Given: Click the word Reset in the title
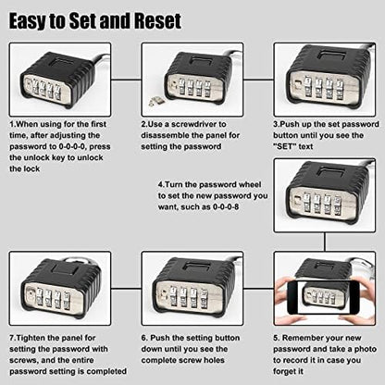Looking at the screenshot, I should pyautogui.click(x=154, y=19).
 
